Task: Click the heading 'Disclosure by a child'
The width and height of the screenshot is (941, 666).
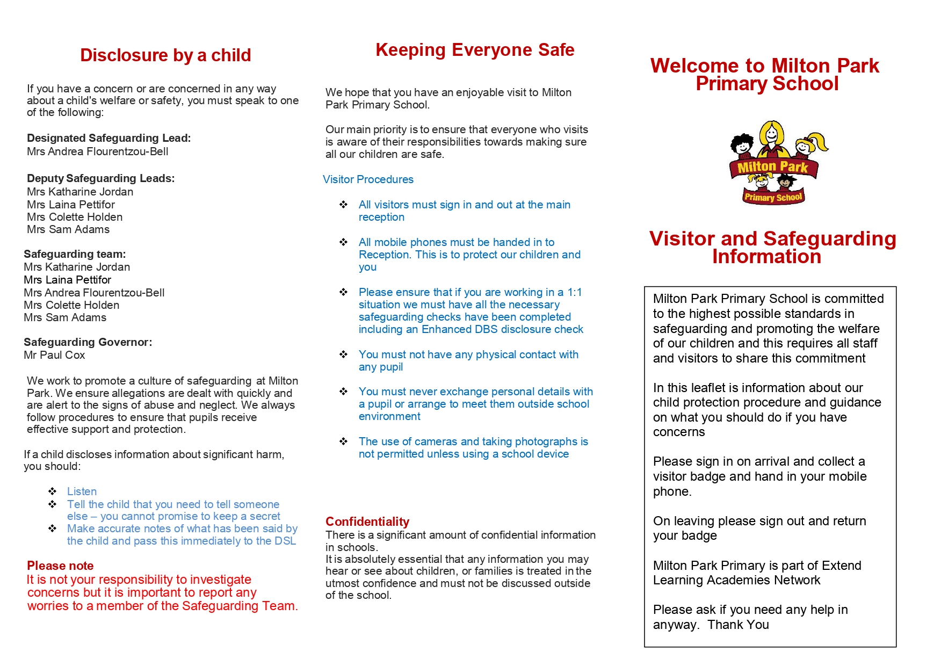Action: [x=165, y=55]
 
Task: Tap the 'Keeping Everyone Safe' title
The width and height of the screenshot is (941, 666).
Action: [x=475, y=50]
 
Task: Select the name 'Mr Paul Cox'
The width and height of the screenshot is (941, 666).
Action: [x=54, y=355]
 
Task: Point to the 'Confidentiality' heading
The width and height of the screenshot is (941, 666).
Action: [x=367, y=522]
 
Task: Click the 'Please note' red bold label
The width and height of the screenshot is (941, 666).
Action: [x=60, y=566]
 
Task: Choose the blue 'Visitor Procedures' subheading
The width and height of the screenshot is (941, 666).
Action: [x=368, y=179]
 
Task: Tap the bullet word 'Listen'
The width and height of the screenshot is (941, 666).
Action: [x=82, y=491]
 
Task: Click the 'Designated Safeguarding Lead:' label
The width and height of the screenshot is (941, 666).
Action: [x=108, y=138]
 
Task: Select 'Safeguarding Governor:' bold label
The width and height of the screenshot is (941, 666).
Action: [x=88, y=342]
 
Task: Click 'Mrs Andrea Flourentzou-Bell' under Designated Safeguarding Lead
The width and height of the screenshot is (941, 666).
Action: [x=97, y=151]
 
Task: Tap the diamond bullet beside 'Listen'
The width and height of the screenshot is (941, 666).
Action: [x=53, y=491]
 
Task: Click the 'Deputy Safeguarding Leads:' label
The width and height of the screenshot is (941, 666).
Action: [x=100, y=178]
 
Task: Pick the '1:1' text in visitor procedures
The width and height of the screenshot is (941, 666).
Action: [x=574, y=292]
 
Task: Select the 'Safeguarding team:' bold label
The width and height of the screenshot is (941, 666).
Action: [x=75, y=254]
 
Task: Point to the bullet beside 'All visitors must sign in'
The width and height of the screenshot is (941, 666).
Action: [x=344, y=205]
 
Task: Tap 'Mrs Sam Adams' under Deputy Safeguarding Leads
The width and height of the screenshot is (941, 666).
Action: [x=68, y=229]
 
